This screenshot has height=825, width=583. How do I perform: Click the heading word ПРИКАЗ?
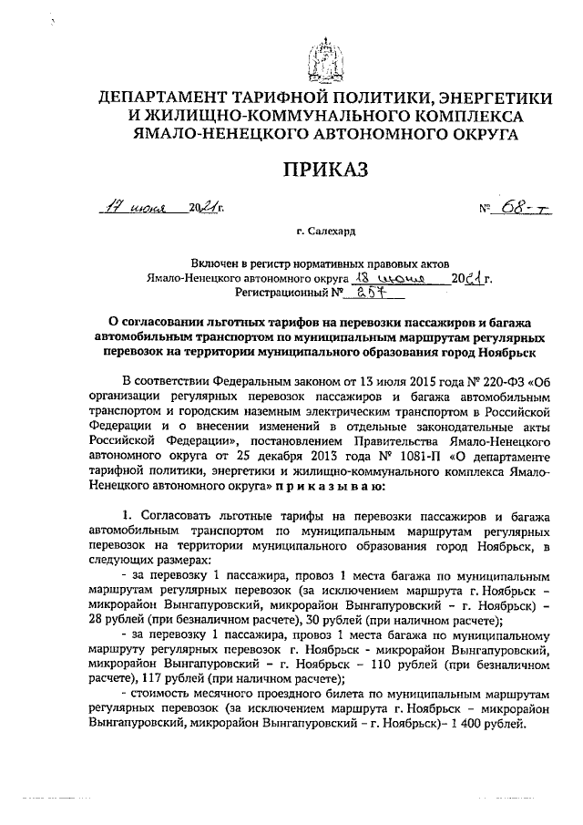323,170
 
